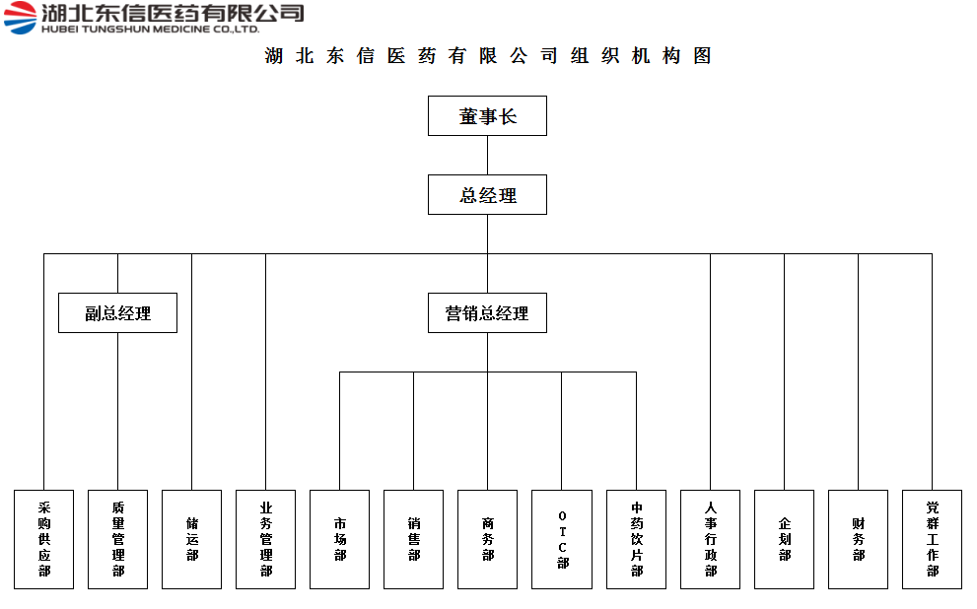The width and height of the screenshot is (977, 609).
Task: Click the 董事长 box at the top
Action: click(x=487, y=116)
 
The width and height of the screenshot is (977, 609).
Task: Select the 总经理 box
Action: click(x=487, y=195)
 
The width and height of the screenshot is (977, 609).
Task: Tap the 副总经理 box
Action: click(x=117, y=312)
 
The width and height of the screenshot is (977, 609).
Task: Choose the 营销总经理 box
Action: click(x=487, y=312)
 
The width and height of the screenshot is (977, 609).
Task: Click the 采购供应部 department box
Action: click(x=43, y=539)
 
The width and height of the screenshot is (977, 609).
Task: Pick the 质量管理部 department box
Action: click(x=117, y=539)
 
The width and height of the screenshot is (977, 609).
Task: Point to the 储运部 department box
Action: click(x=192, y=539)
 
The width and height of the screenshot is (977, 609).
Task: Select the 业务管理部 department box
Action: click(x=265, y=539)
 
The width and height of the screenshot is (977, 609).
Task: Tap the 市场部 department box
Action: click(x=339, y=539)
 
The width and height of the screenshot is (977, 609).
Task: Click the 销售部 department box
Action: click(x=414, y=539)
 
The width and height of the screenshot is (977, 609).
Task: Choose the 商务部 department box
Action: click(x=487, y=539)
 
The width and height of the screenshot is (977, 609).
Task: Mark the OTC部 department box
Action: click(x=562, y=539)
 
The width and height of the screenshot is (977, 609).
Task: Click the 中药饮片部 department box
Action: click(x=636, y=539)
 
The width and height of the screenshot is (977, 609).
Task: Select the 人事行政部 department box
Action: click(x=710, y=539)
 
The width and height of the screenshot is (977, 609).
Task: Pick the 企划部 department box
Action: click(x=785, y=539)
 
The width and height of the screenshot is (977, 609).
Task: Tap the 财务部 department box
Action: click(x=858, y=539)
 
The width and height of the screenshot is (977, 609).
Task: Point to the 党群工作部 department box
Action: click(x=932, y=539)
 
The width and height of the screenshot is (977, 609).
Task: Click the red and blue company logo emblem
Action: click(x=21, y=18)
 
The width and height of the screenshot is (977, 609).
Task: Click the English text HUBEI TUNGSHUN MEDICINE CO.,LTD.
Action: click(x=150, y=29)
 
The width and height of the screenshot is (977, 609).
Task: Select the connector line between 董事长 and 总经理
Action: click(x=487, y=155)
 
